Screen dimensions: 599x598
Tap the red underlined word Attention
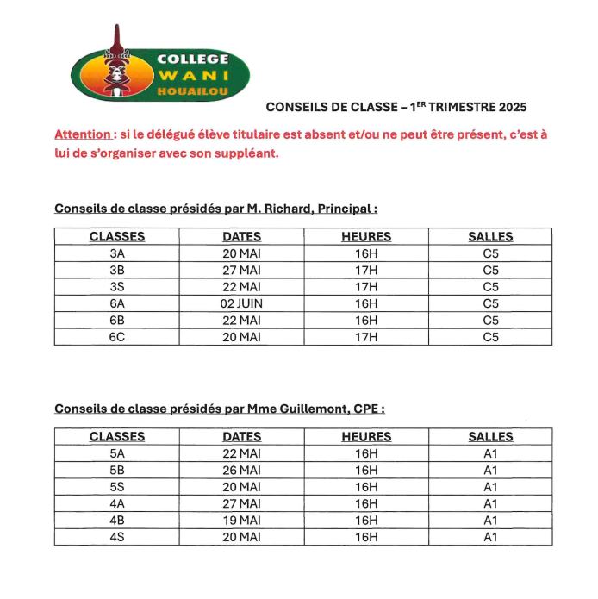pyautogui.click(x=82, y=134)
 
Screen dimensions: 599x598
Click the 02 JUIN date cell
pyautogui.click(x=241, y=303)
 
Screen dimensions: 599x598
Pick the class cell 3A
pyautogui.click(x=117, y=253)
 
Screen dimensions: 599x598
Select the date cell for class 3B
pyautogui.click(x=241, y=270)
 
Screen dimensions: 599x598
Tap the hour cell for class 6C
pyautogui.click(x=366, y=337)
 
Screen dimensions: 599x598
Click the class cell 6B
pyautogui.click(x=117, y=321)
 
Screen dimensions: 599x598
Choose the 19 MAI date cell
pyautogui.click(x=241, y=521)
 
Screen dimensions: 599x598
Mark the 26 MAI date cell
pyautogui.click(x=241, y=471)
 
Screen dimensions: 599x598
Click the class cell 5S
pyautogui.click(x=117, y=487)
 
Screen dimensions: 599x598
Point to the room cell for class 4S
pyautogui.click(x=490, y=537)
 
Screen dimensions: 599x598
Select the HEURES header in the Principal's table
pyautogui.click(x=366, y=236)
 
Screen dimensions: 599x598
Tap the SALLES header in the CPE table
pyautogui.click(x=490, y=437)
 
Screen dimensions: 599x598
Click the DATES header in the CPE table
pyautogui.click(x=241, y=437)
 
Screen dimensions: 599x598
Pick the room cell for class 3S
pyautogui.click(x=490, y=287)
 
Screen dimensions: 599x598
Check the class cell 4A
pyautogui.click(x=117, y=503)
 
